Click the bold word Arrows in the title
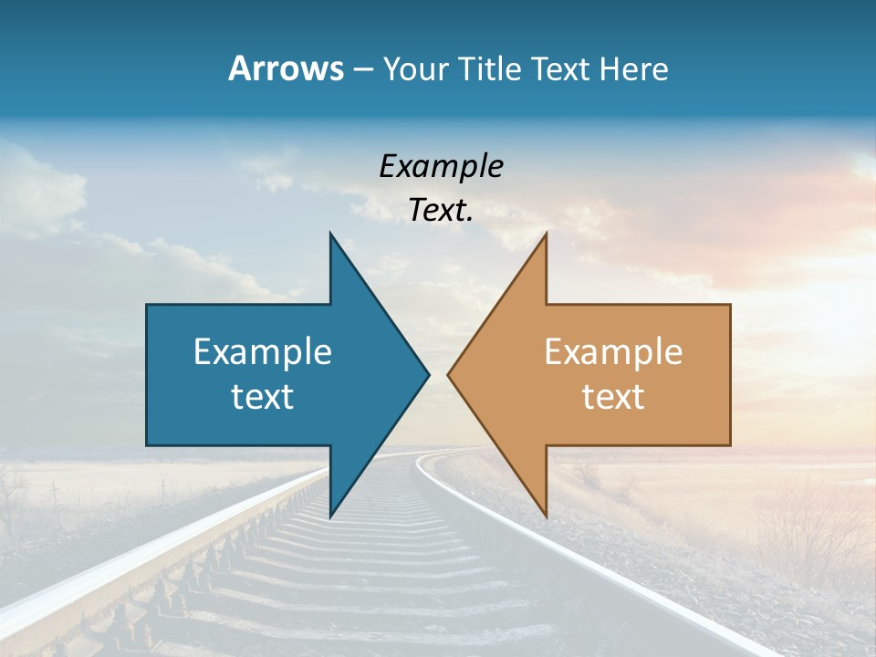pos(286,68)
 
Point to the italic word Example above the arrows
pos(441,166)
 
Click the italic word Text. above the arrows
pos(441,211)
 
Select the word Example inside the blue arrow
pos(263,351)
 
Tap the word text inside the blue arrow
pos(263,396)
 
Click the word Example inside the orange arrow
pos(613,351)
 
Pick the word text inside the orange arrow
pos(613,396)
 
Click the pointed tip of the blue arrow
pos(428,374)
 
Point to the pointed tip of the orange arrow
pos(448,374)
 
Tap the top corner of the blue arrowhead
pos(330,234)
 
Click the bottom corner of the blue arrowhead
pos(330,516)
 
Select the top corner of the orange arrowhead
pos(546,234)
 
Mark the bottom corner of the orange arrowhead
pos(546,516)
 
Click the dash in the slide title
pos(362,70)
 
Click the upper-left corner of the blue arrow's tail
pos(147,305)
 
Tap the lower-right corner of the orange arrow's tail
pos(730,445)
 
